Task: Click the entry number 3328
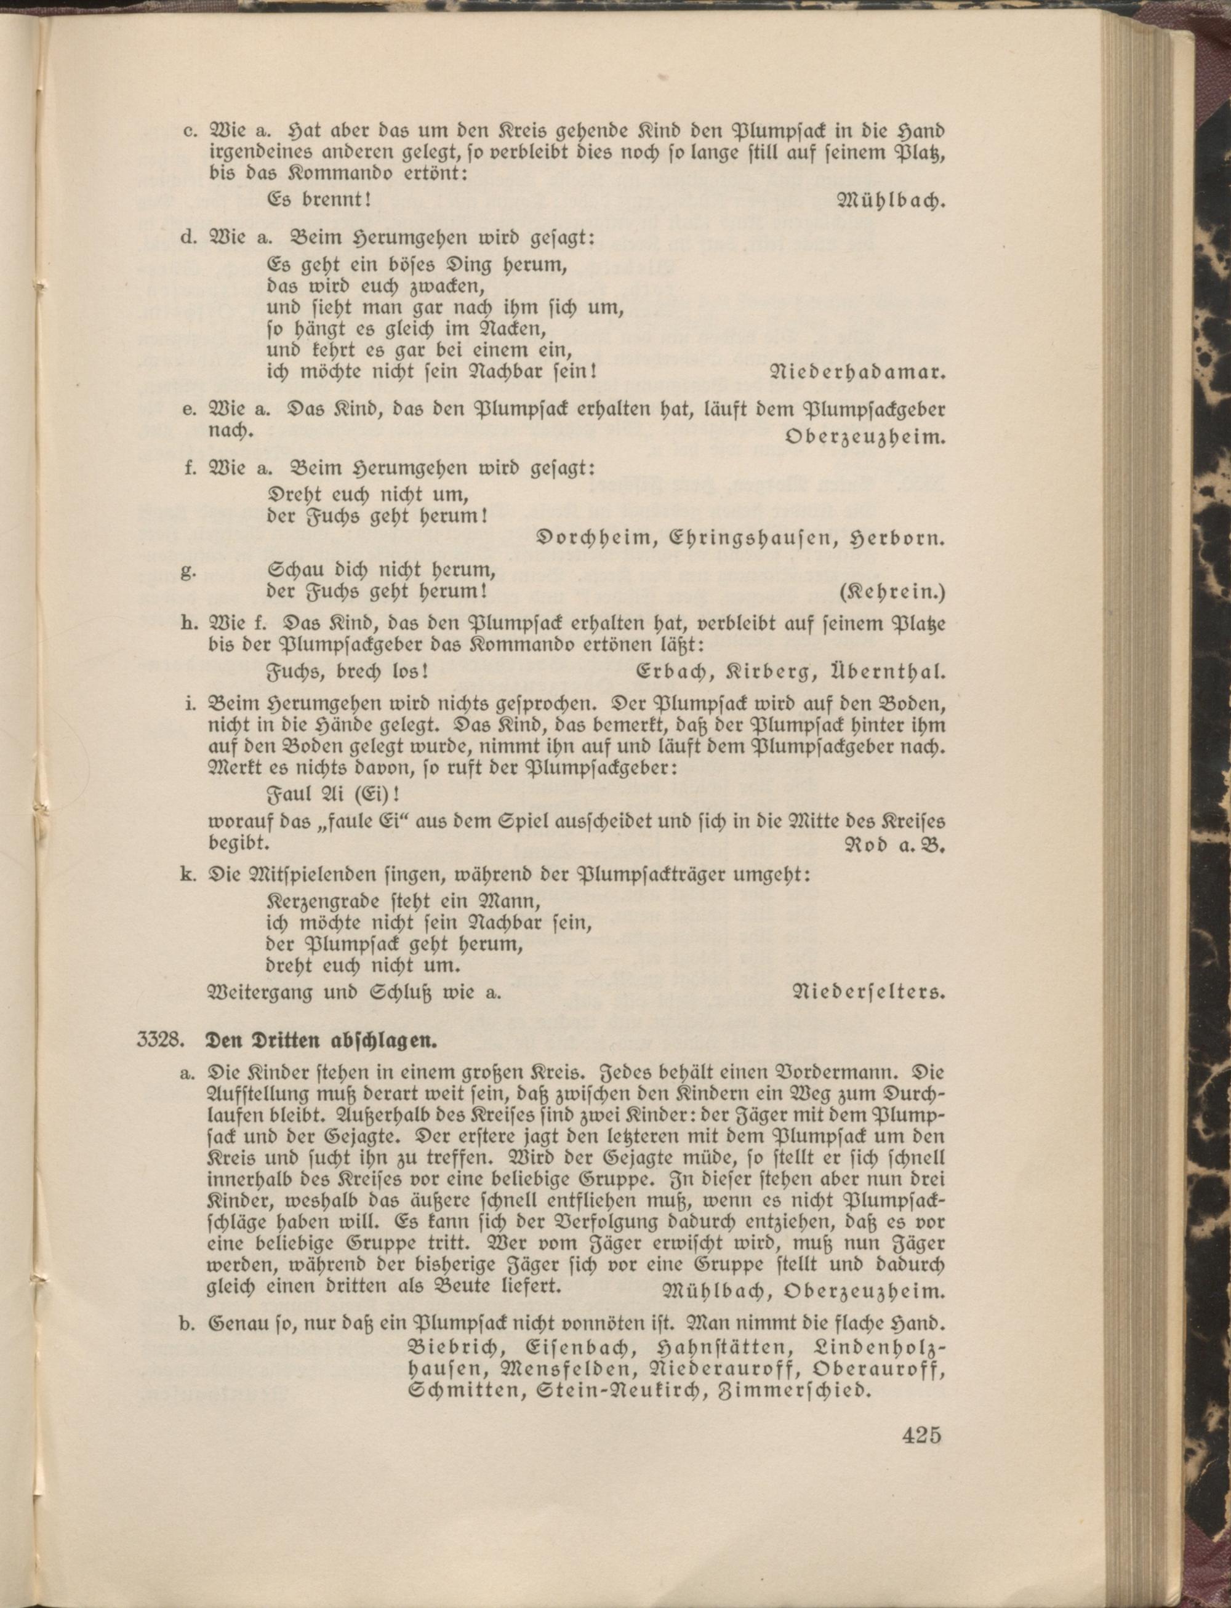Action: coord(158,1039)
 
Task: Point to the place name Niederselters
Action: coord(869,993)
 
